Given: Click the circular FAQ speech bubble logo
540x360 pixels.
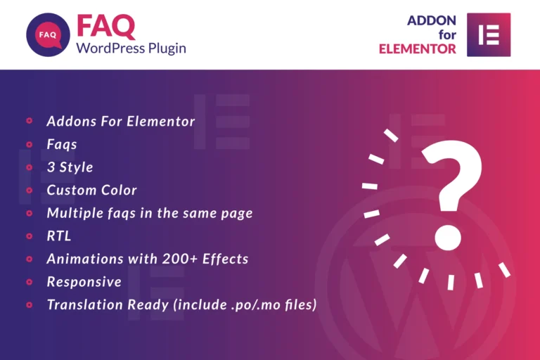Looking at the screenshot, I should coord(48,34).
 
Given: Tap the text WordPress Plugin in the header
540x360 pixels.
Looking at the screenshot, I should coord(131,49).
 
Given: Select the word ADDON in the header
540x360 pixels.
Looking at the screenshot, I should coord(432,21).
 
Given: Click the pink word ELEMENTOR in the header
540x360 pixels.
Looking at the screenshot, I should coord(418,49).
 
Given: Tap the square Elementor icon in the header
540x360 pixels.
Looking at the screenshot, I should coord(489,34).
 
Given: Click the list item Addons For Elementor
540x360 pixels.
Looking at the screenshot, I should coord(120,121).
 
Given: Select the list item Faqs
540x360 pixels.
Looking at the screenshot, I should coord(62,144).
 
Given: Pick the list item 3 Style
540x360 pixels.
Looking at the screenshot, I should coord(70,167).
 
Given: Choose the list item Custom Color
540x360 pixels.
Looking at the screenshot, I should coord(91,190).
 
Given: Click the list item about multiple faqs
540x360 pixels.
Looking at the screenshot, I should coord(149,212).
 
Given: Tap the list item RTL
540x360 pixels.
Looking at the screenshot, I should coord(59,236).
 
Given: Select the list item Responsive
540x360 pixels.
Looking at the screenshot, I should coord(84,282).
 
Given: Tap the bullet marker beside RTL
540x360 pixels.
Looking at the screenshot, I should coord(30,236).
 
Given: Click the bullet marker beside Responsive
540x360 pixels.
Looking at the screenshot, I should coord(30,282).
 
